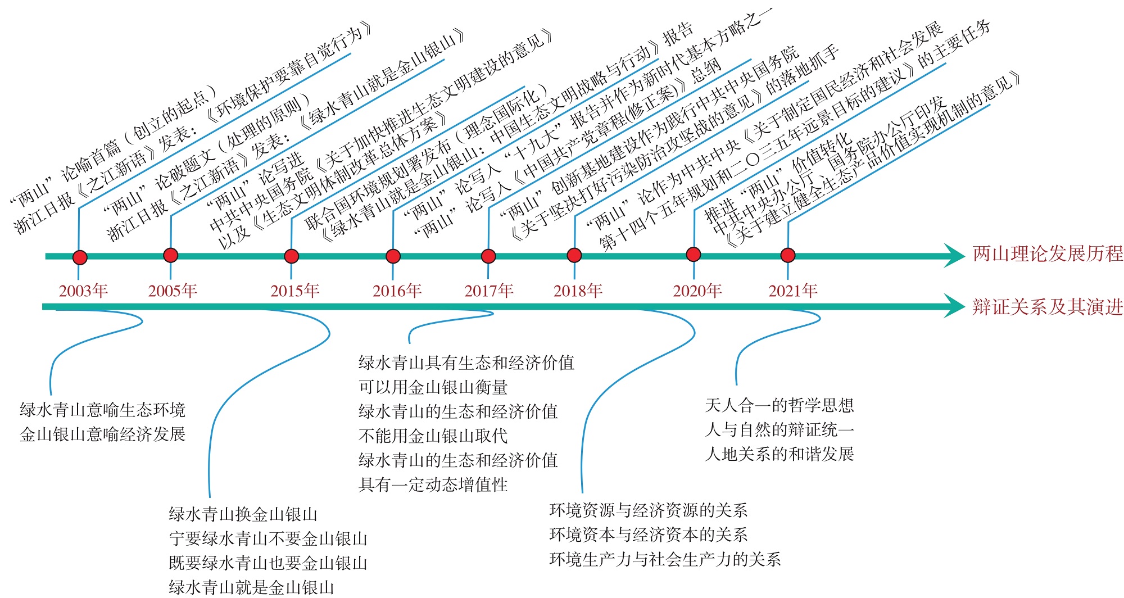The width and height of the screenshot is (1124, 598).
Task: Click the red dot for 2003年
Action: (x=80, y=257)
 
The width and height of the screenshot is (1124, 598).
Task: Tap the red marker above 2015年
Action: (x=291, y=256)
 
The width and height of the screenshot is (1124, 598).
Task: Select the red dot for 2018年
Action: (x=574, y=256)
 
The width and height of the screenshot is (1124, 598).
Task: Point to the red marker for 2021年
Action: (x=788, y=255)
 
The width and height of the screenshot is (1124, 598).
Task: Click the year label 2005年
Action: (x=173, y=291)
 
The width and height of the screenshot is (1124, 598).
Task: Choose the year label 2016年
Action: (x=397, y=291)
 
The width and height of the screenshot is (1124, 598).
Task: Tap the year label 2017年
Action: (x=489, y=291)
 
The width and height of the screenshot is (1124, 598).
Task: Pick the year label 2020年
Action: (x=697, y=291)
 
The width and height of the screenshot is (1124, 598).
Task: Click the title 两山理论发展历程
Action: (x=1048, y=254)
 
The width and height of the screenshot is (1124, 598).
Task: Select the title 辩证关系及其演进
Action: (x=1048, y=307)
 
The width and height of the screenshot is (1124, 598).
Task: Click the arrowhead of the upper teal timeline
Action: (x=954, y=256)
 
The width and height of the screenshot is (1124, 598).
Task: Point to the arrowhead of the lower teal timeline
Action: (x=954, y=306)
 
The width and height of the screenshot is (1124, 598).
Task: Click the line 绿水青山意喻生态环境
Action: (x=102, y=410)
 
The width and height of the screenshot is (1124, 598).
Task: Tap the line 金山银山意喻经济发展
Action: (x=102, y=434)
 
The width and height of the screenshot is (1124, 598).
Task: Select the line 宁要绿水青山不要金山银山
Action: (x=268, y=539)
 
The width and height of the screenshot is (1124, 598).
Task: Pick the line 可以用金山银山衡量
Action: (x=433, y=387)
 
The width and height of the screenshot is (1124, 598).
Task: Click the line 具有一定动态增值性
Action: (x=433, y=484)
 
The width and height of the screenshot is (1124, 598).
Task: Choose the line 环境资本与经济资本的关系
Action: (x=648, y=534)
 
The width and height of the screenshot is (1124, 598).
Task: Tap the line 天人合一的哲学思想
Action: (x=779, y=405)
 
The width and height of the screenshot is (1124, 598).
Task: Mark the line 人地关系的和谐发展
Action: (x=779, y=454)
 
